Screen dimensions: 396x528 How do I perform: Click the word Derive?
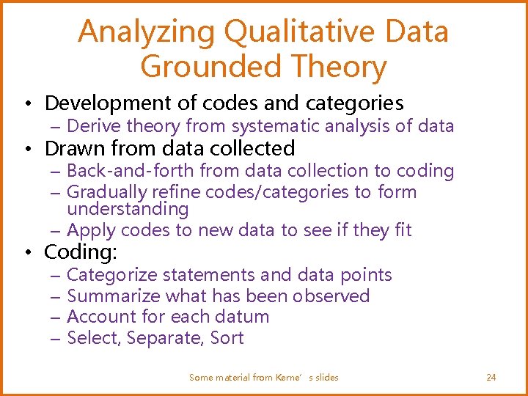tap(94, 126)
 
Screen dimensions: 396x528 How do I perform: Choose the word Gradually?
tap(106, 192)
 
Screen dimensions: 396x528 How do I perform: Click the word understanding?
tap(128, 209)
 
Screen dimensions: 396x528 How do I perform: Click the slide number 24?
tap(491, 378)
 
